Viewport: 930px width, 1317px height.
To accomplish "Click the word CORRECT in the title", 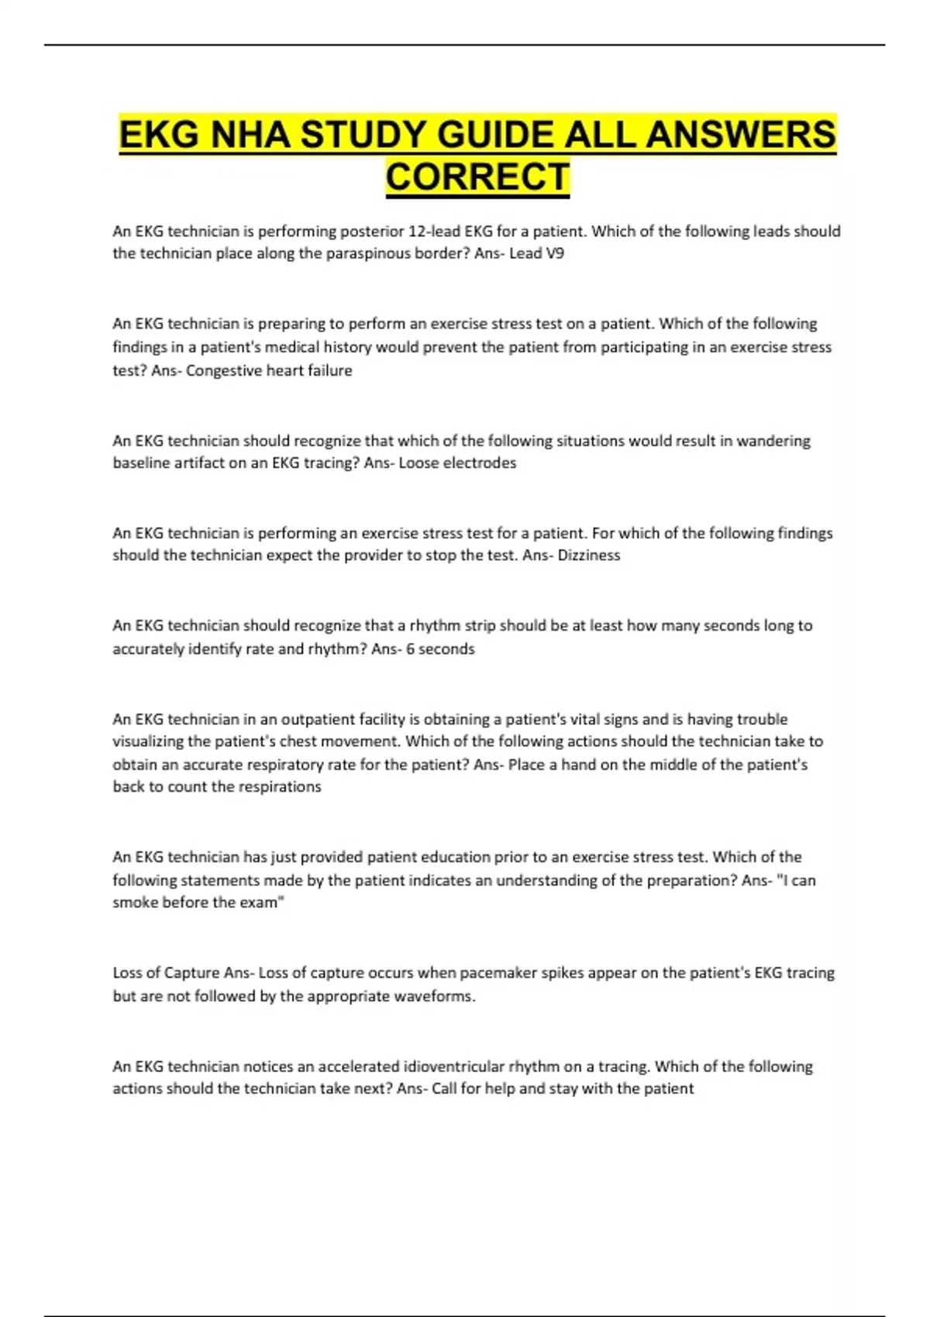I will coord(477,177).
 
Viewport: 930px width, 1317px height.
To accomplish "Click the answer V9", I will coord(554,253).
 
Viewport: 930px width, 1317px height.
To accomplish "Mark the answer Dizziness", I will coord(589,555).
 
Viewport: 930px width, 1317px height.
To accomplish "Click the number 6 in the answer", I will coord(410,648).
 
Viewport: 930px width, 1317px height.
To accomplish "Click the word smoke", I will coord(135,903).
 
